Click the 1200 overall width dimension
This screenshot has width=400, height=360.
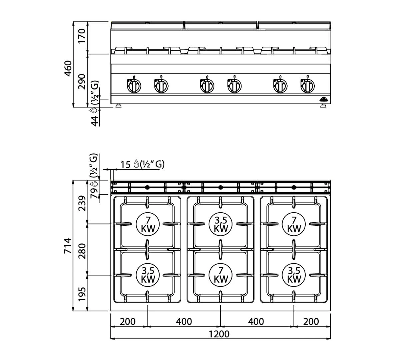click(219, 334)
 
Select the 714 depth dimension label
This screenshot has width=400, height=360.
click(68, 246)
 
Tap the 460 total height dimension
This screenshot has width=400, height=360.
click(68, 68)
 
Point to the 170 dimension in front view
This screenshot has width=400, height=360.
click(82, 36)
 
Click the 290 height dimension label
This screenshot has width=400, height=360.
click(82, 82)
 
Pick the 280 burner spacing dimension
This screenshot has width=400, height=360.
click(82, 251)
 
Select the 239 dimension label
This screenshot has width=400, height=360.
click(82, 203)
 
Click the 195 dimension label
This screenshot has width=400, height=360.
click(82, 294)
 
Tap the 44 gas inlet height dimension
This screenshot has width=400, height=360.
click(95, 121)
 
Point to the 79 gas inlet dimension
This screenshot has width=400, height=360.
click(94, 193)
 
